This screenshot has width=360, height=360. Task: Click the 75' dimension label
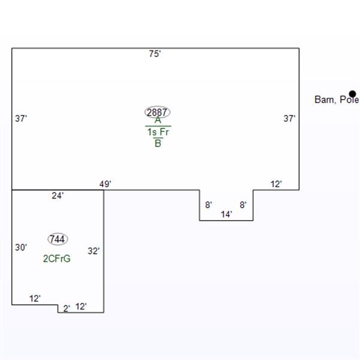155,54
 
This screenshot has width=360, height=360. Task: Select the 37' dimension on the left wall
21,118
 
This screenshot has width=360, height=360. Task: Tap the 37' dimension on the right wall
289,118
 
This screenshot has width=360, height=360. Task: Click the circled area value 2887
157,112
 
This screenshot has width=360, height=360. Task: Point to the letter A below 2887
158,120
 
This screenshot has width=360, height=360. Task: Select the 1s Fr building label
158,132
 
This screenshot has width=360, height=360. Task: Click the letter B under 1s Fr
158,143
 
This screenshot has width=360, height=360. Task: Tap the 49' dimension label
106,184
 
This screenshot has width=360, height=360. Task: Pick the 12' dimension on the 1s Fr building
276,184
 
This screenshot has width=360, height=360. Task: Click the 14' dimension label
226,214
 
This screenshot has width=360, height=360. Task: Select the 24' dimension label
58,196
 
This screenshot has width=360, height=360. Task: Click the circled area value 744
58,239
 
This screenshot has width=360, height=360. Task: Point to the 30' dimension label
21,247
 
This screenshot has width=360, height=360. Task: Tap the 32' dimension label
94,251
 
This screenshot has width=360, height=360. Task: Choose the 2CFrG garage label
57,259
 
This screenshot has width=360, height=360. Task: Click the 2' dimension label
67,308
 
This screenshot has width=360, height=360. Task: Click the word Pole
349,100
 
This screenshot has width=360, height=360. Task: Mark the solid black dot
352,94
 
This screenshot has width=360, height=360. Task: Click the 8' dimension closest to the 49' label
208,205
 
